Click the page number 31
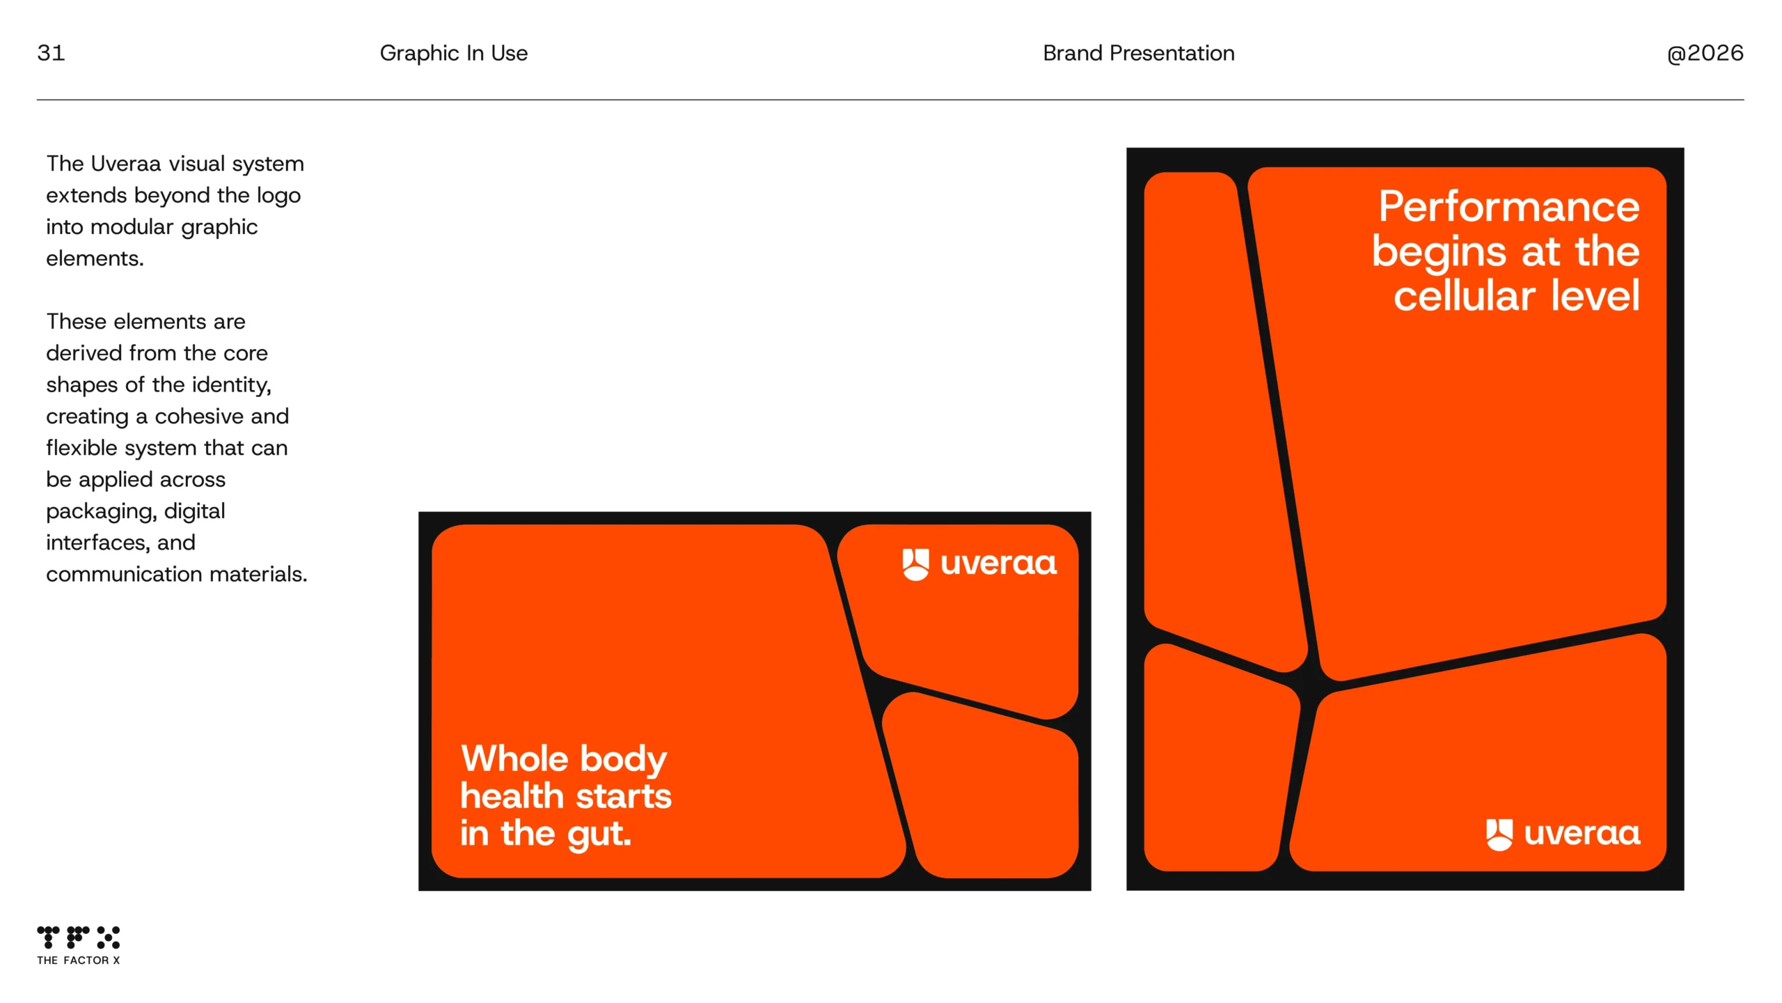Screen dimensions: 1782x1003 [51, 53]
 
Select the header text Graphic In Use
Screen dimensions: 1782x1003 [454, 53]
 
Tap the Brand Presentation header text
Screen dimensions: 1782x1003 [1139, 53]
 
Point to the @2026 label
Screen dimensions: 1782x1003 [1705, 53]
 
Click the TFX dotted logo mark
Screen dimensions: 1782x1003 [78, 938]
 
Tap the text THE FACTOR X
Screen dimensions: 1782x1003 [78, 960]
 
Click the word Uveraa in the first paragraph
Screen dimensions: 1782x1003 [126, 164]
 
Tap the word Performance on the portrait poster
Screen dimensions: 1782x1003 [1509, 207]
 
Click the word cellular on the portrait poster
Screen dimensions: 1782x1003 [1465, 295]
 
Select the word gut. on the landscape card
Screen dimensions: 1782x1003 [599, 834]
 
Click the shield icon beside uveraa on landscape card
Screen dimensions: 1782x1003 [915, 564]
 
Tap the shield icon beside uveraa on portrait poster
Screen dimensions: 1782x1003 [1499, 834]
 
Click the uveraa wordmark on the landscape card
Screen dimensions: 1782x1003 [999, 564]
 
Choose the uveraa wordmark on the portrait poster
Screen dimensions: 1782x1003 [1582, 834]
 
